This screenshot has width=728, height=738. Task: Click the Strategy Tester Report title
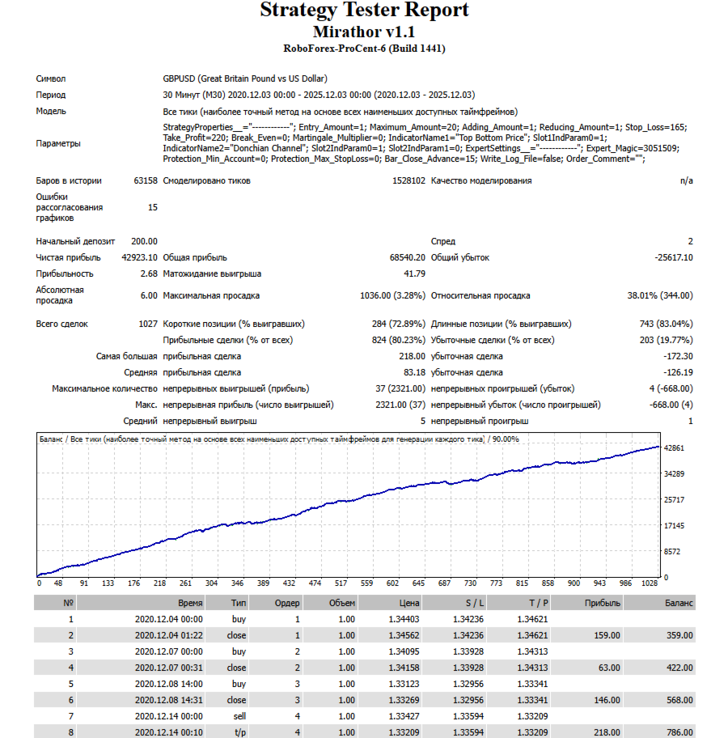pyautogui.click(x=364, y=11)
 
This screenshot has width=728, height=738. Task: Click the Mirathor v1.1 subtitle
pyautogui.click(x=364, y=32)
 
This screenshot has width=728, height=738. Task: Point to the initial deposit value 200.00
pyautogui.click(x=145, y=241)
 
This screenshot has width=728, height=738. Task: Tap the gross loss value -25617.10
pyautogui.click(x=672, y=257)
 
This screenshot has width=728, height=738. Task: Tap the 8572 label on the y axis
pyautogui.click(x=673, y=552)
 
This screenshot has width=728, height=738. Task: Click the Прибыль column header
pyautogui.click(x=603, y=603)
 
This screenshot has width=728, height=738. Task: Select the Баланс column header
pyautogui.click(x=679, y=603)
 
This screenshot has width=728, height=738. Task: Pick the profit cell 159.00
pyautogui.click(x=607, y=634)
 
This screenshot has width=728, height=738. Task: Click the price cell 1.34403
pyautogui.click(x=403, y=618)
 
